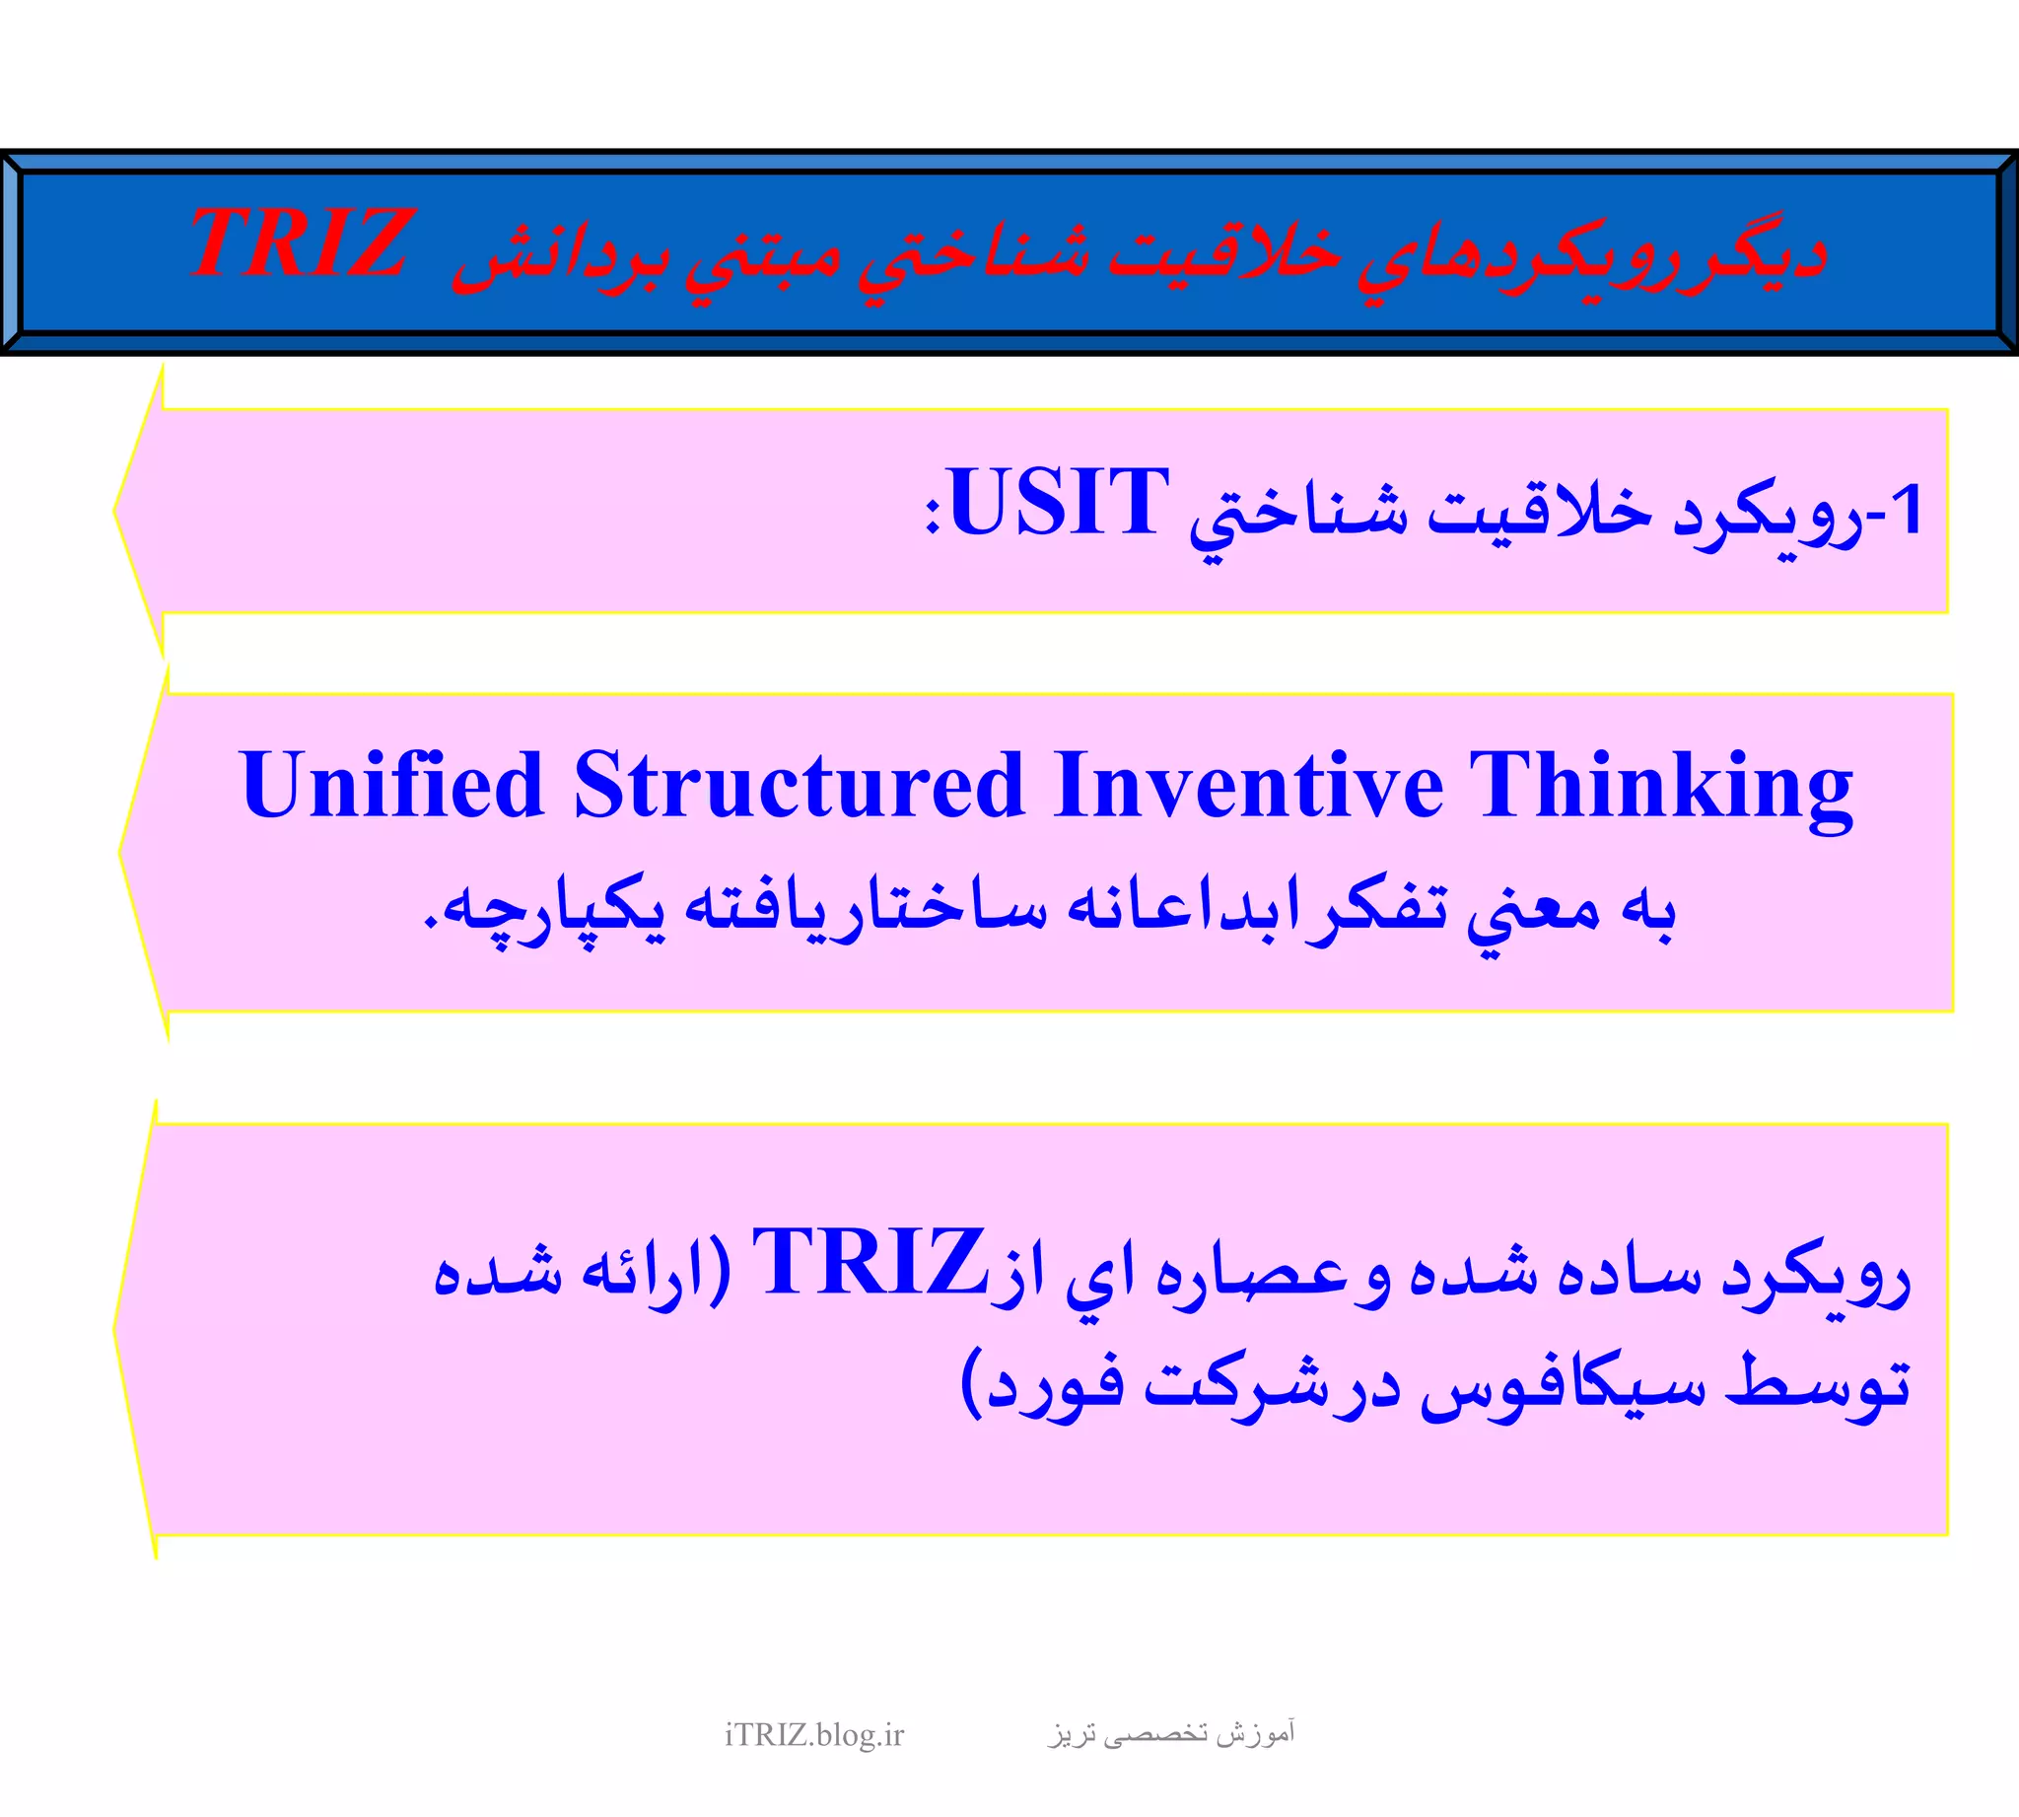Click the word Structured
(x=799, y=786)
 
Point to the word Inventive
(x=1248, y=786)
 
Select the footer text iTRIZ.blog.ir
(x=813, y=1736)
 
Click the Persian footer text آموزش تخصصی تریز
(x=1171, y=1734)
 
